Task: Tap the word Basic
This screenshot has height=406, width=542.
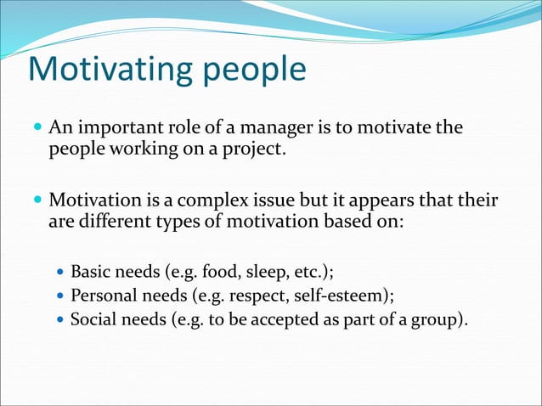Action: (x=91, y=273)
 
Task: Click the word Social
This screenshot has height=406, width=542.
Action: (x=93, y=319)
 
